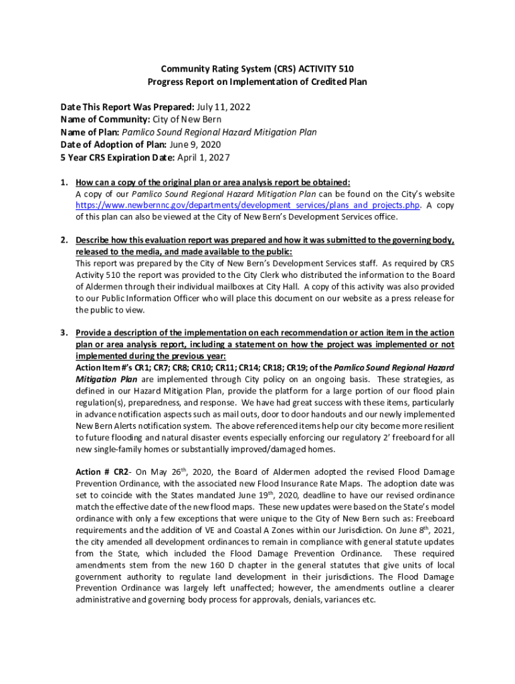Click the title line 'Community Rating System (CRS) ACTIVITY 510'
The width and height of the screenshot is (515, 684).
257,69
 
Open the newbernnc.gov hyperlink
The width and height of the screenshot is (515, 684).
247,206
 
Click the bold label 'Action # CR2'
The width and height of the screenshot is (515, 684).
102,472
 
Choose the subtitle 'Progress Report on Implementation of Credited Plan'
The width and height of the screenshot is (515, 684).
257,81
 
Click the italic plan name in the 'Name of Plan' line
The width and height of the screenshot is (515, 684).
219,132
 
